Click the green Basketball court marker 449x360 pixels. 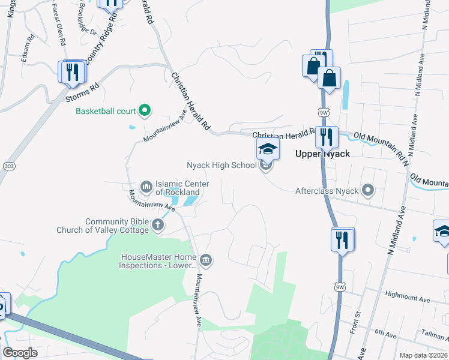144,110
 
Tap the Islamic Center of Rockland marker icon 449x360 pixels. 146,188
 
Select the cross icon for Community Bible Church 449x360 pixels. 158,226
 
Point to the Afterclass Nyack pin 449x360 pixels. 369,191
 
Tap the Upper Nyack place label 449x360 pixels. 322,154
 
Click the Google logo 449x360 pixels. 20,353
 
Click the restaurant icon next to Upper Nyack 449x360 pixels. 326,136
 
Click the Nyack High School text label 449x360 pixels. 221,165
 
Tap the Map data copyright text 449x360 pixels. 423,355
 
